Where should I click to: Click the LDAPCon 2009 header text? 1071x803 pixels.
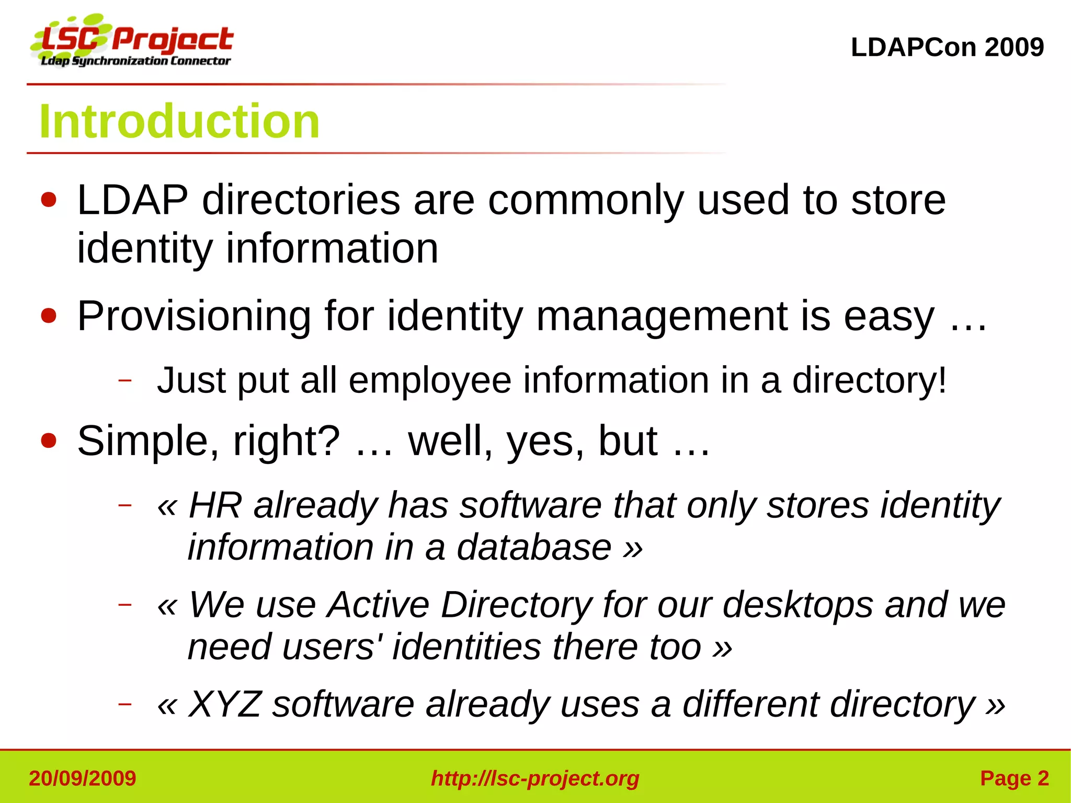tap(947, 48)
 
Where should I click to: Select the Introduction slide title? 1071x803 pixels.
tap(179, 121)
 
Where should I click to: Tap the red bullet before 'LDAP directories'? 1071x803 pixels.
tap(49, 200)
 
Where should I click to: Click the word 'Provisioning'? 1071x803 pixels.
tap(194, 316)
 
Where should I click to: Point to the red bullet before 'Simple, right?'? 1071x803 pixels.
tap(49, 440)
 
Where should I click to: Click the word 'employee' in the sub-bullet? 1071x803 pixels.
tap(430, 380)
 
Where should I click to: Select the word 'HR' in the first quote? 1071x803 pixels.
tap(215, 505)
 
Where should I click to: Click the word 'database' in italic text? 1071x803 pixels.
tap(534, 547)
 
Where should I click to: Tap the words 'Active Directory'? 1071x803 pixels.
tap(459, 605)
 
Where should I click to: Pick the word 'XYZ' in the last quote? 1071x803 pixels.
tap(224, 704)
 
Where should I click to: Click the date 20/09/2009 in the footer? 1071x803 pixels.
tap(83, 778)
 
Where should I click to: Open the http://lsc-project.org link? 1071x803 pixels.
tap(535, 778)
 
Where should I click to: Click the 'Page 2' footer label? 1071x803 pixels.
tap(1014, 778)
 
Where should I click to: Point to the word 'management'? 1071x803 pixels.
tap(662, 316)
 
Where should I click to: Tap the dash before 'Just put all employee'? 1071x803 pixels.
tap(124, 380)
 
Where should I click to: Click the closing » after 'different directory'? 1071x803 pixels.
tap(995, 704)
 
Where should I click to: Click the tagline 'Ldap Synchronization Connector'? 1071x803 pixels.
tap(135, 61)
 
